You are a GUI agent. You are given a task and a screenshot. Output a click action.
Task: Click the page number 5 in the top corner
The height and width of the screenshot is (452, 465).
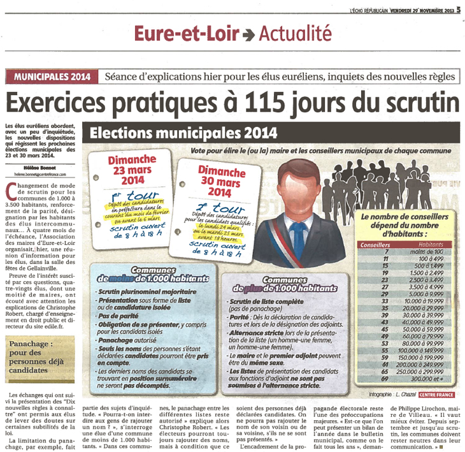[458, 9]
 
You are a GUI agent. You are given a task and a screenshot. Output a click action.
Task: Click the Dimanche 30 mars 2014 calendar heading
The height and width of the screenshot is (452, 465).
[220, 182]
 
